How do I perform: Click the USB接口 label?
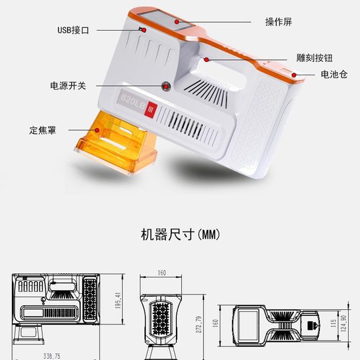click(x=73, y=30)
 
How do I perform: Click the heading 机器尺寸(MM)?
click(x=180, y=235)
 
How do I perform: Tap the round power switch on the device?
click(x=165, y=85)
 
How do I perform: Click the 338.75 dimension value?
click(x=51, y=355)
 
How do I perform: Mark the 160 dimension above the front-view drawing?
click(x=161, y=272)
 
